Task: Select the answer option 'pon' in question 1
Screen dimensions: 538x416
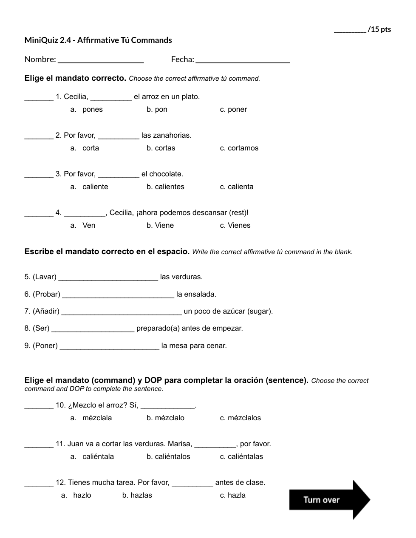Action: tap(161, 110)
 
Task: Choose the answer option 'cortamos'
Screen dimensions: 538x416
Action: tap(243, 148)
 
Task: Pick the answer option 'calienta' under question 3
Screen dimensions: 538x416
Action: tap(240, 187)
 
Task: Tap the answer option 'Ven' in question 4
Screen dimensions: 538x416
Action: tap(88, 226)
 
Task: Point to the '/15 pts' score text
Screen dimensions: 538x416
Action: tap(379, 30)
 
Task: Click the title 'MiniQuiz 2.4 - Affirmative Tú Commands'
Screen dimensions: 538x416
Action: tap(98, 40)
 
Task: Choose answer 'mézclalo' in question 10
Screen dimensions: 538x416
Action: tap(170, 418)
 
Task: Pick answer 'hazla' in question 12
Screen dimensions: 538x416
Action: tap(236, 496)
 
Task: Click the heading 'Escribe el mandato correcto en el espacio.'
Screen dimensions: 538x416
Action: tap(107, 252)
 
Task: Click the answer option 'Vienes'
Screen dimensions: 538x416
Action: tap(239, 226)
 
